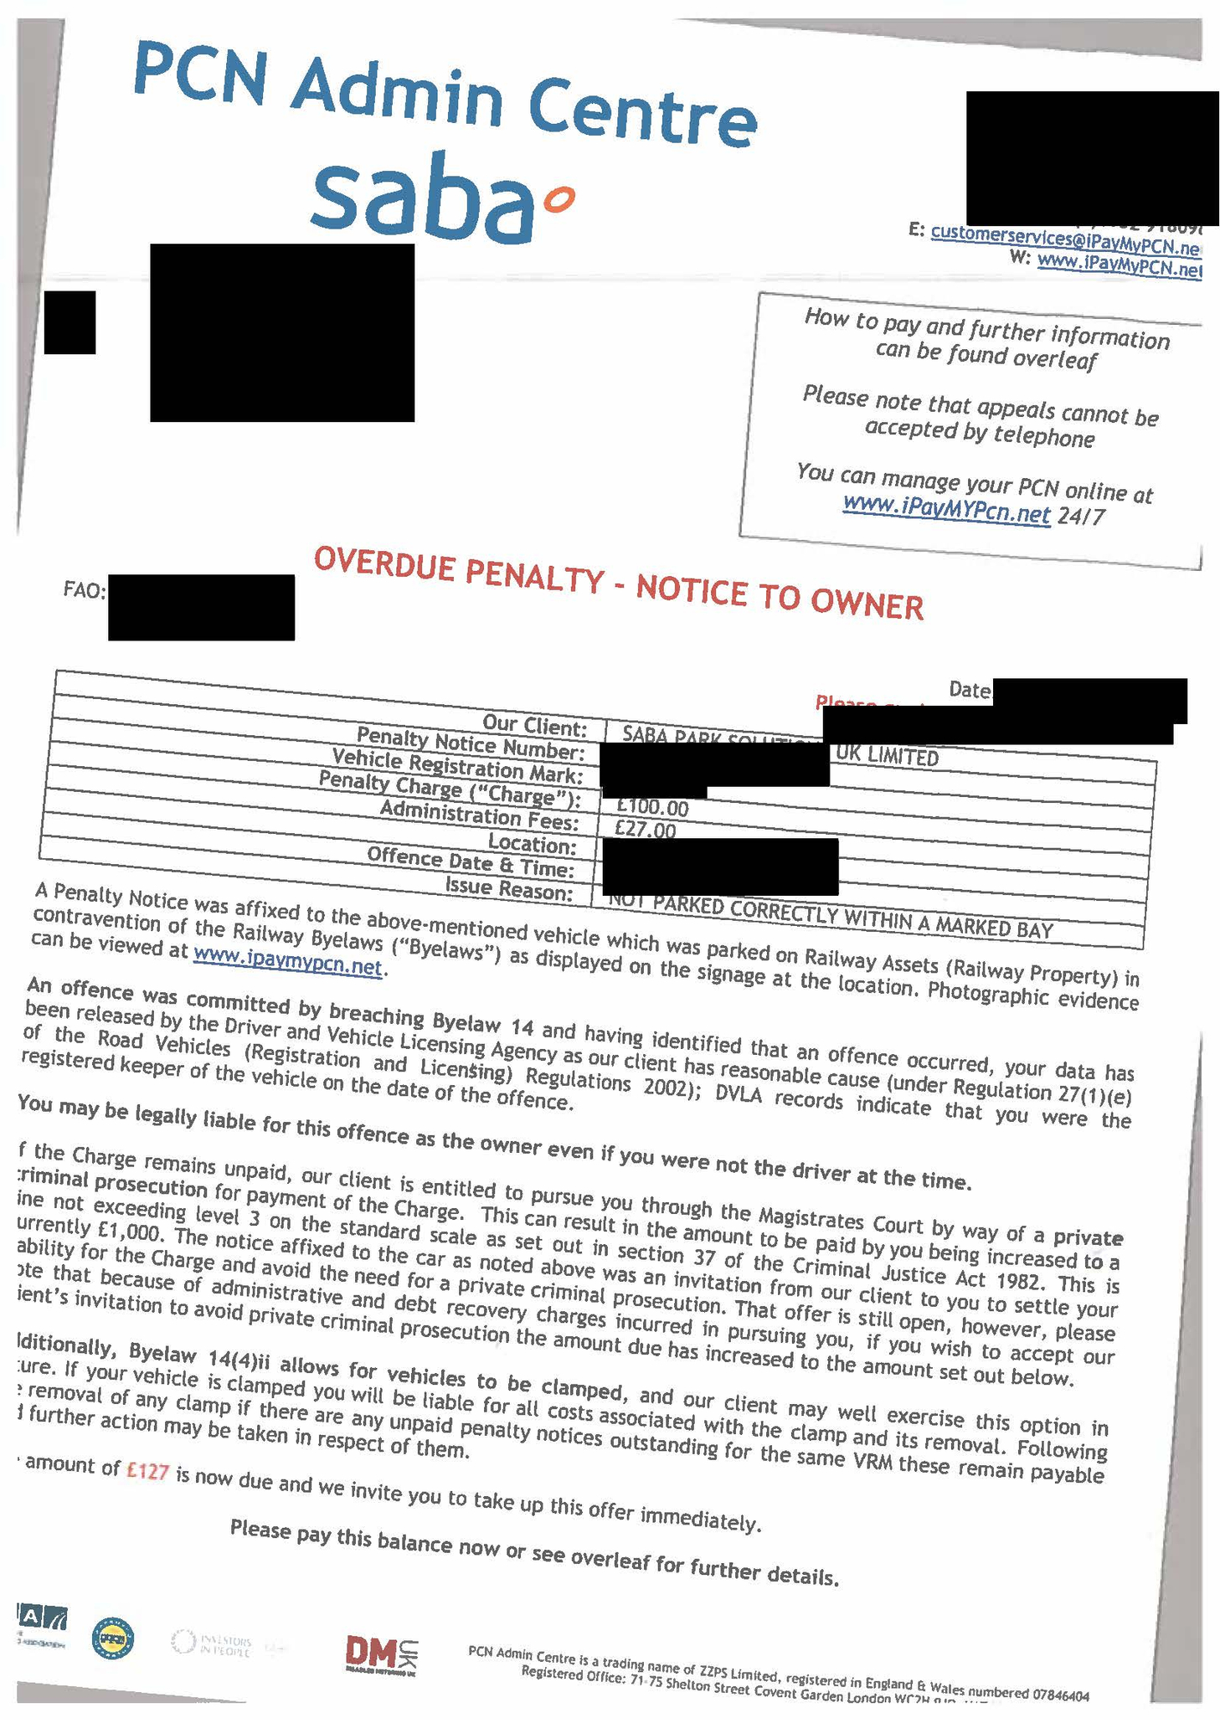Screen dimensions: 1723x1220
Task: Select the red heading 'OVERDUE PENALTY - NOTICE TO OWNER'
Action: click(x=618, y=582)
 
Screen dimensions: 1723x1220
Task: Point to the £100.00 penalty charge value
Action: click(x=652, y=807)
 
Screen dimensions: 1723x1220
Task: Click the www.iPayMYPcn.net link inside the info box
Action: click(x=946, y=509)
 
